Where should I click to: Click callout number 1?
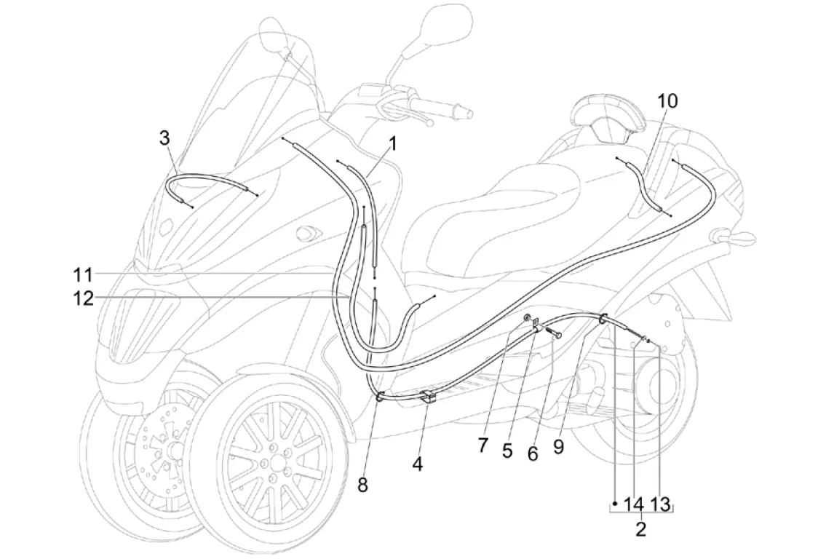coord(392,144)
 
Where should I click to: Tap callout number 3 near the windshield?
coord(164,138)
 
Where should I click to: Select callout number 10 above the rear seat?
coord(667,100)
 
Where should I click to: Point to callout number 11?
coord(82,275)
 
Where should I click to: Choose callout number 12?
coord(82,298)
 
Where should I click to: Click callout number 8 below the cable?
coord(362,483)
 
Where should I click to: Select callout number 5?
coord(508,451)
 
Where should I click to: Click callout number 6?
coord(533,453)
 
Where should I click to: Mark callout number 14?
coord(635,504)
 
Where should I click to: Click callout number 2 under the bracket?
coord(640,529)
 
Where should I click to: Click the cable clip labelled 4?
coord(427,397)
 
